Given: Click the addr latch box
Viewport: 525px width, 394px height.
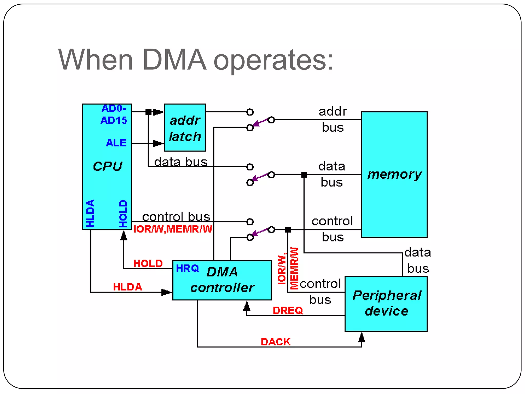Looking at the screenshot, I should [x=185, y=127].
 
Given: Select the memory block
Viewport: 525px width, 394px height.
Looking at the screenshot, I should [x=394, y=174].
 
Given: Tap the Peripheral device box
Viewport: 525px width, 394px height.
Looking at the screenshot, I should [x=386, y=304].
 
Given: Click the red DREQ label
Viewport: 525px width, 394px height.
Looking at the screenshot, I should [x=288, y=311].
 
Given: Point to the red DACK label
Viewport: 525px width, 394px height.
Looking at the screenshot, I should [x=276, y=342].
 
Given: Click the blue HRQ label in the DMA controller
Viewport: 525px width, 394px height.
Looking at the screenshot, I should [x=187, y=268].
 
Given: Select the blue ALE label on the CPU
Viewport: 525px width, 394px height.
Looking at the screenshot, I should [x=116, y=143].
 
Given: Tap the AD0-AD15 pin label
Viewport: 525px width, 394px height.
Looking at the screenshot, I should [x=114, y=114].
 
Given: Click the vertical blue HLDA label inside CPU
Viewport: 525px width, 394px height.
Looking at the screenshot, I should [x=90, y=213].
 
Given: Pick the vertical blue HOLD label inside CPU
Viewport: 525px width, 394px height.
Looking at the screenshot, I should [x=123, y=213].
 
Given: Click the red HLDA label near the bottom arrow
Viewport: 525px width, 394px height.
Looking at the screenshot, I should [x=127, y=287].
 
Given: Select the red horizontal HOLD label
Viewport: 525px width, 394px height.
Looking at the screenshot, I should [x=148, y=263].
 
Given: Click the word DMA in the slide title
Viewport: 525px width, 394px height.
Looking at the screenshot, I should [x=174, y=60].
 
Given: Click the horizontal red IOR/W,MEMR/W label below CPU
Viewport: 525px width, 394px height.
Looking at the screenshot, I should [x=173, y=229].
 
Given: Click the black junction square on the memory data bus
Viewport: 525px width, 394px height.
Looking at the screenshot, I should [x=304, y=175].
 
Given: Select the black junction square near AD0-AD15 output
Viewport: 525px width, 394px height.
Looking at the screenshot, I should [x=148, y=112].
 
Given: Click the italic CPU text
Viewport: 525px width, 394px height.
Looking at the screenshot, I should [x=107, y=166].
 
